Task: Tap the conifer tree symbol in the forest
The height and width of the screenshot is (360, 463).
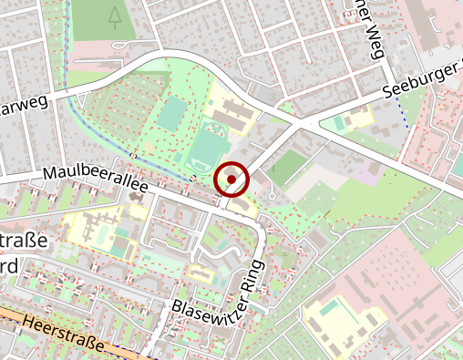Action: [x=113, y=15]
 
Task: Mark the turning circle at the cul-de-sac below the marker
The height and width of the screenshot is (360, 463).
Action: [x=272, y=194]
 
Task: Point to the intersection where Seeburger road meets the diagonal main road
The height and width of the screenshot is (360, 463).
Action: [x=311, y=119]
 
